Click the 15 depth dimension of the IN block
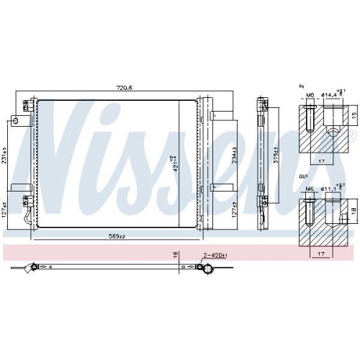(x=353, y=115)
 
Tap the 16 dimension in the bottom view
(x=175, y=254)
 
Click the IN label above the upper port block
(x=301, y=86)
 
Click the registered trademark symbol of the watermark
(x=352, y=135)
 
